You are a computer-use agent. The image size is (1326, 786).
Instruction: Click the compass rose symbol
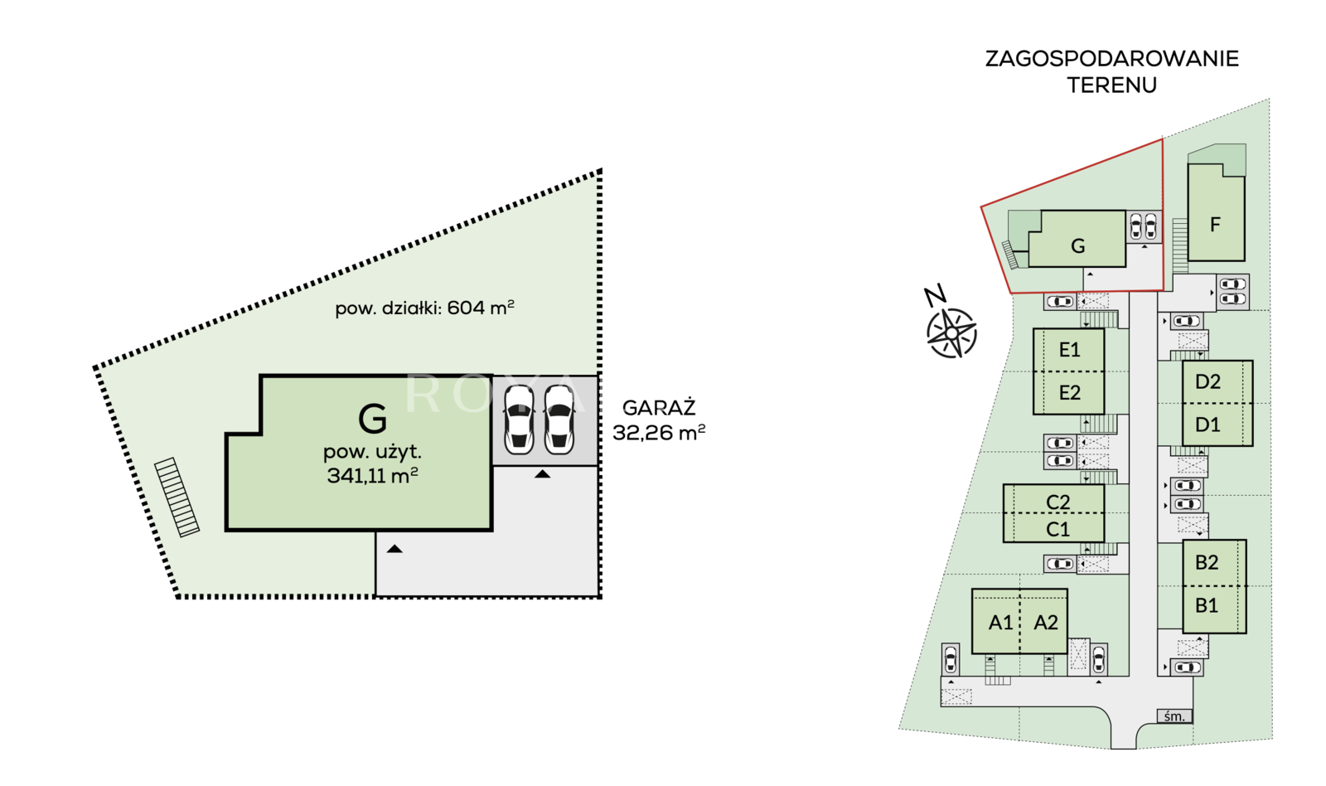pyautogui.click(x=951, y=332)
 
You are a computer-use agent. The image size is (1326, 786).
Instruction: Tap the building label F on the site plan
pyautogui.click(x=1215, y=225)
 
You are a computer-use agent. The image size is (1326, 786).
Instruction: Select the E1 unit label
pyautogui.click(x=1070, y=350)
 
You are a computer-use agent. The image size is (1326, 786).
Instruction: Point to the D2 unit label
pyautogui.click(x=1207, y=381)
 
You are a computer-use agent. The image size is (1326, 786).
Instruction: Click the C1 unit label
pyautogui.click(x=1057, y=529)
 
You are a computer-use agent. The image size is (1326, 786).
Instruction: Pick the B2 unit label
pyautogui.click(x=1207, y=562)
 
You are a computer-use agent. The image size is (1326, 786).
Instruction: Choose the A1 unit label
pyautogui.click(x=1000, y=623)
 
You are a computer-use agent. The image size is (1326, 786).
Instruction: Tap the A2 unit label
pyautogui.click(x=1046, y=623)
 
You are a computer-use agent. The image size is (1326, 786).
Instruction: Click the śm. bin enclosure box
pyautogui.click(x=1174, y=716)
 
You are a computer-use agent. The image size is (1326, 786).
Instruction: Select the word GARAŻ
pyautogui.click(x=659, y=408)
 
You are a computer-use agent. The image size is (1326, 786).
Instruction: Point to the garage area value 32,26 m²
pyautogui.click(x=659, y=433)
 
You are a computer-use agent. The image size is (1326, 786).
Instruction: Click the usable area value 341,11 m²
pyautogui.click(x=373, y=475)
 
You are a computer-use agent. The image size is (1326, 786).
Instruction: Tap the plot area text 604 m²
pyautogui.click(x=481, y=308)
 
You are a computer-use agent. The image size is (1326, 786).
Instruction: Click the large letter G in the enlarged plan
pyautogui.click(x=372, y=419)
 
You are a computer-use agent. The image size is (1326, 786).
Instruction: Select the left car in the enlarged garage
pyautogui.click(x=519, y=420)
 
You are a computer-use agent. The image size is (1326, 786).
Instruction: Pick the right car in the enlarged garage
pyautogui.click(x=559, y=420)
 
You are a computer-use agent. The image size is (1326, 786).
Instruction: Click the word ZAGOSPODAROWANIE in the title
pyautogui.click(x=1111, y=59)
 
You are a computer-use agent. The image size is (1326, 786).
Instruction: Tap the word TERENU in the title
pyautogui.click(x=1111, y=85)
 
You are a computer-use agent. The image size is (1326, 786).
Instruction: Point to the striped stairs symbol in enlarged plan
pyautogui.click(x=177, y=497)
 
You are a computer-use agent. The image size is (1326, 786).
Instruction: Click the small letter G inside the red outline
pyautogui.click(x=1078, y=245)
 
